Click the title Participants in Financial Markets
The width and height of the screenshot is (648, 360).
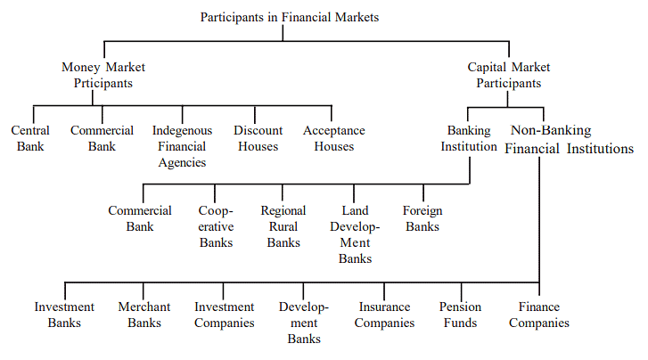[x=289, y=16]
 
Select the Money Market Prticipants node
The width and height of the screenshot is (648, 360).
[x=103, y=75]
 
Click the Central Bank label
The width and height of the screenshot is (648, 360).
[x=30, y=138]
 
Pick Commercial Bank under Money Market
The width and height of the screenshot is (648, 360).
[x=103, y=138]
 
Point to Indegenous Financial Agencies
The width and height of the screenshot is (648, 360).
[x=183, y=146]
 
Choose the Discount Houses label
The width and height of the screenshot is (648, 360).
[x=258, y=138]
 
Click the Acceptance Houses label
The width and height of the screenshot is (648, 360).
[x=334, y=138]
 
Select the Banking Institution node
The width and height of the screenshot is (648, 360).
[x=469, y=138]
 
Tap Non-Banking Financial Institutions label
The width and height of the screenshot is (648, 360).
[x=570, y=139]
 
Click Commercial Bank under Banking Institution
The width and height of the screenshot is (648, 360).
[x=140, y=218]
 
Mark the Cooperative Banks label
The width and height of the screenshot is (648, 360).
[x=217, y=226]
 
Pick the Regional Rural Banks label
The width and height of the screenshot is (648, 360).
[x=283, y=226]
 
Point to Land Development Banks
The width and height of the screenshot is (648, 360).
[x=355, y=234]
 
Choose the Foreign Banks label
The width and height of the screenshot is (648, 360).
[x=422, y=218]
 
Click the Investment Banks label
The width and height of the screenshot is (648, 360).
[x=64, y=315]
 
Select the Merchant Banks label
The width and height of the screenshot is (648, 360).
[x=144, y=315]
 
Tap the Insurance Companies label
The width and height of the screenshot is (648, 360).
[x=384, y=315]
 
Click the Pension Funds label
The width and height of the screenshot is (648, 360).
[x=461, y=315]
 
